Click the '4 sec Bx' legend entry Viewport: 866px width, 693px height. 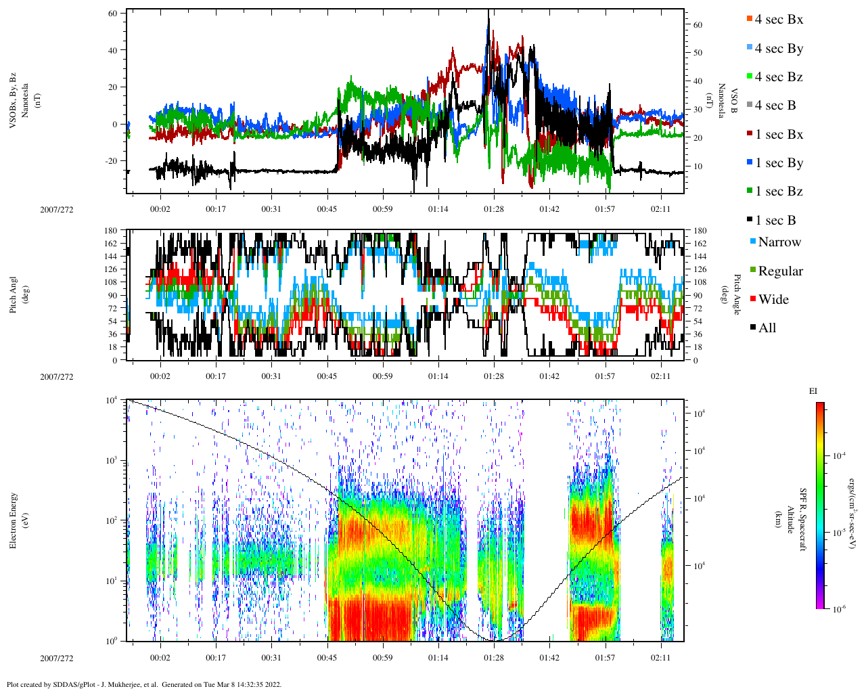pyautogui.click(x=779, y=20)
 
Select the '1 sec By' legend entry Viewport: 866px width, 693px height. pyautogui.click(x=779, y=163)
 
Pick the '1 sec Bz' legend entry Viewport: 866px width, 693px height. pyautogui.click(x=779, y=192)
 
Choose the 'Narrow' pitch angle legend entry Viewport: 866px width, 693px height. pyautogui.click(x=779, y=242)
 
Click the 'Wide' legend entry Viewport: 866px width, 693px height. pyautogui.click(x=773, y=300)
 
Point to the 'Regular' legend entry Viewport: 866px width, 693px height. pyautogui.click(x=780, y=271)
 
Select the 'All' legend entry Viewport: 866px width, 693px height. pyautogui.click(x=767, y=328)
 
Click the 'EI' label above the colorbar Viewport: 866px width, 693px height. pyautogui.click(x=813, y=391)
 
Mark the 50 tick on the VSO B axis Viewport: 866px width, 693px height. pyautogui.click(x=698, y=53)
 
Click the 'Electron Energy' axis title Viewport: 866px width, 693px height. pyautogui.click(x=14, y=520)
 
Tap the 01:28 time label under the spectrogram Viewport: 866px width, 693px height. pyautogui.click(x=493, y=658)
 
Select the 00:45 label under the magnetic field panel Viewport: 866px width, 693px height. pyautogui.click(x=327, y=209)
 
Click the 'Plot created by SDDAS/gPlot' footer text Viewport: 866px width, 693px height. pyautogui.click(x=143, y=684)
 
